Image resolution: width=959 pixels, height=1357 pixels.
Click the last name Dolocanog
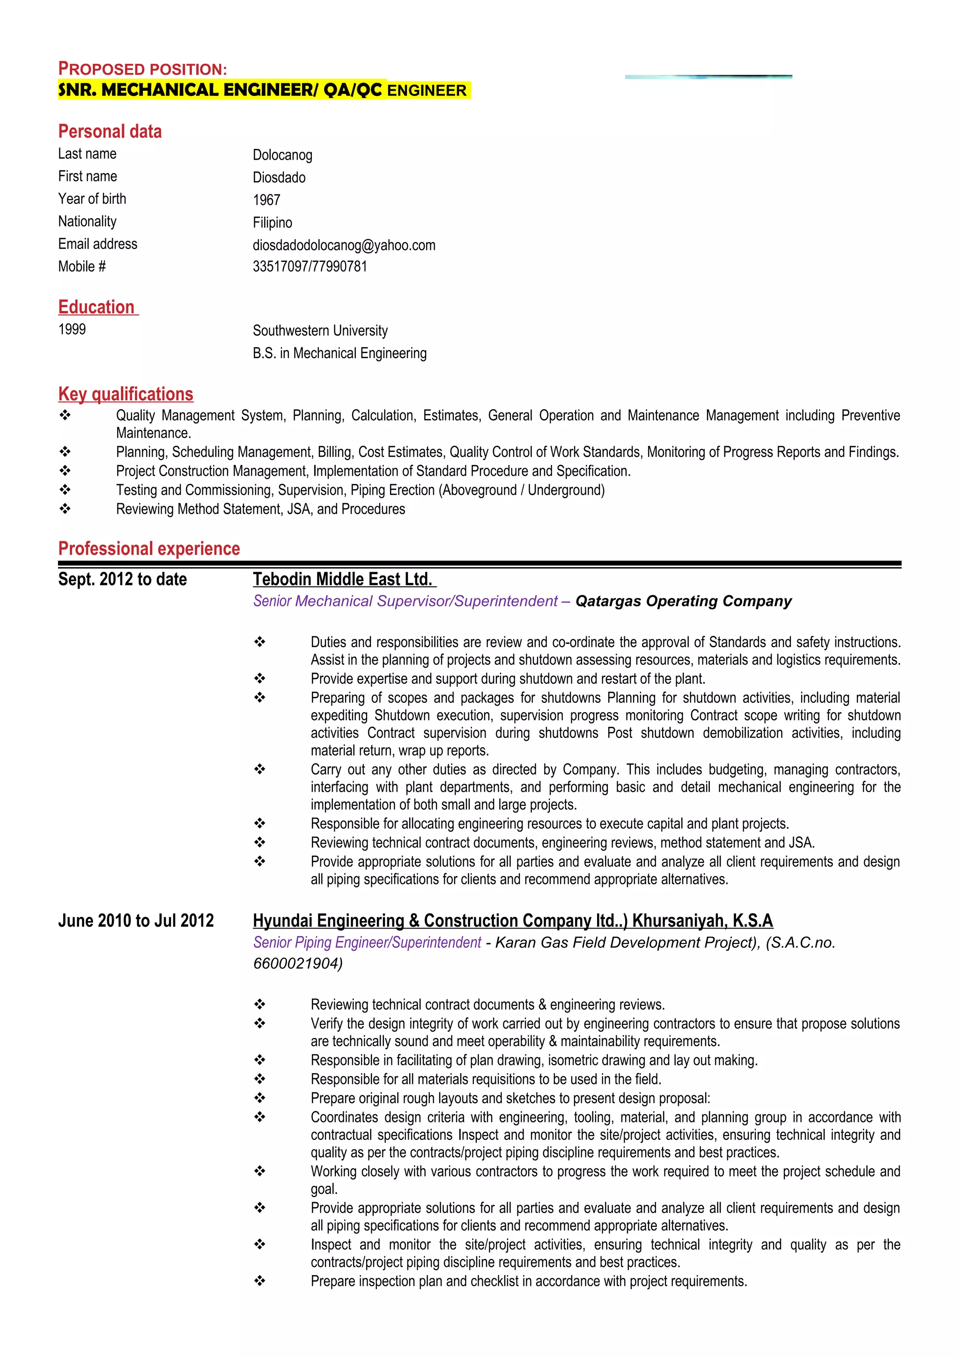[282, 155]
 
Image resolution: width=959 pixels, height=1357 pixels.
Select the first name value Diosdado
[279, 177]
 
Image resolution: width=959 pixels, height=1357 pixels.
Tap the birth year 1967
[266, 200]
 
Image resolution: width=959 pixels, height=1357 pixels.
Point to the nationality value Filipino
[273, 222]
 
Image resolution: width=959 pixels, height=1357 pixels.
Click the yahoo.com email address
[344, 245]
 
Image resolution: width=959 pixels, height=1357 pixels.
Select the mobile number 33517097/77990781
[310, 266]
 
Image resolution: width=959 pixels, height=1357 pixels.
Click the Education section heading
[97, 307]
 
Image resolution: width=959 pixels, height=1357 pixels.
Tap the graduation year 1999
[72, 329]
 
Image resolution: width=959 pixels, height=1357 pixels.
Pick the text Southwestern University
[320, 331]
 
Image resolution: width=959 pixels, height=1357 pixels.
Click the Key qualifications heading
[126, 394]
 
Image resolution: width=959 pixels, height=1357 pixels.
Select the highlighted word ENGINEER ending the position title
[427, 90]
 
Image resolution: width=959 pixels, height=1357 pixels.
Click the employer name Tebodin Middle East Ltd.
[343, 579]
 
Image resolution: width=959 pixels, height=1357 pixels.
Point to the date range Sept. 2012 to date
[122, 579]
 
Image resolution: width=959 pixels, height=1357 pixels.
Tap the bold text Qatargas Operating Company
[683, 601]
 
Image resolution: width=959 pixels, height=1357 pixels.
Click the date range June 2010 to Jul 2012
[136, 920]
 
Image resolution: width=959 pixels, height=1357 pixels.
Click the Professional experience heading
[149, 548]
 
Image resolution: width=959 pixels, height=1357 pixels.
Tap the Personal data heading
[110, 131]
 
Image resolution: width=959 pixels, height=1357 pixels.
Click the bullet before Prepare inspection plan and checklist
[260, 1281]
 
